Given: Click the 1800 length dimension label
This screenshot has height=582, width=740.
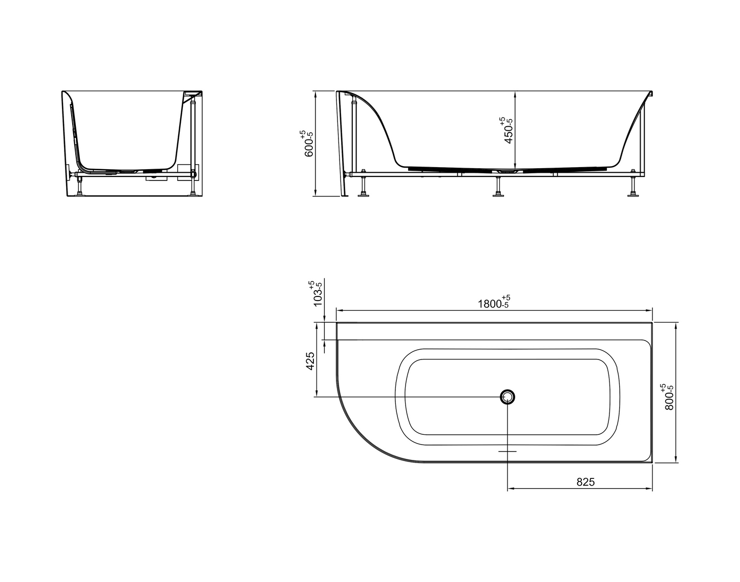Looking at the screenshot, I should [493, 303].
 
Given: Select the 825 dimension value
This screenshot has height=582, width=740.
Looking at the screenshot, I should [585, 481].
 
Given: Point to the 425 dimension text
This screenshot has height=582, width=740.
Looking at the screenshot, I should [310, 361].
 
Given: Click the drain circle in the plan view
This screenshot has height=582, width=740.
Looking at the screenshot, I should [507, 396].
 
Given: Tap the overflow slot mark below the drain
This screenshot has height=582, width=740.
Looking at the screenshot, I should [507, 451].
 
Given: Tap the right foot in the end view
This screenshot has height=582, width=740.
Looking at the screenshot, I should [193, 193].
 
